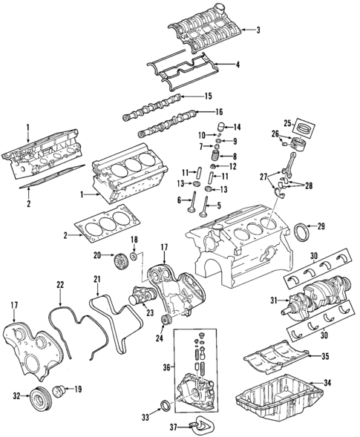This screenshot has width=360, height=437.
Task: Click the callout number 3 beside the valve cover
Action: (258, 30)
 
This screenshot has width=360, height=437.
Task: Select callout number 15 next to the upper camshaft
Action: (208, 96)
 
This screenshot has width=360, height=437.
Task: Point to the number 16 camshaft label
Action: (219, 112)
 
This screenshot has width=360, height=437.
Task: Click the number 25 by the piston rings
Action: (287, 122)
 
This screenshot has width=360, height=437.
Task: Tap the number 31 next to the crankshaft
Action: (274, 300)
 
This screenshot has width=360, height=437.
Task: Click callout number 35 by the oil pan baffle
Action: (324, 356)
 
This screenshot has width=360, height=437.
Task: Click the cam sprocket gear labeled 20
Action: (117, 262)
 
